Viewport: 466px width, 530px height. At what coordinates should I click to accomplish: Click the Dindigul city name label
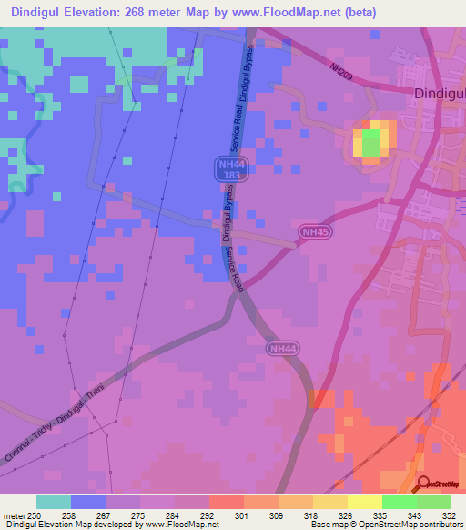[440, 94]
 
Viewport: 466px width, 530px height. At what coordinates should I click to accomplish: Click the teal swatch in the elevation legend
[54, 503]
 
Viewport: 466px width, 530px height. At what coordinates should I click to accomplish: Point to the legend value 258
[69, 516]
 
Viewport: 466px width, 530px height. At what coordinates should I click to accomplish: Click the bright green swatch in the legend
[400, 503]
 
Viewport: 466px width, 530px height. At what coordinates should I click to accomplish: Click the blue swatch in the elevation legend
[88, 503]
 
